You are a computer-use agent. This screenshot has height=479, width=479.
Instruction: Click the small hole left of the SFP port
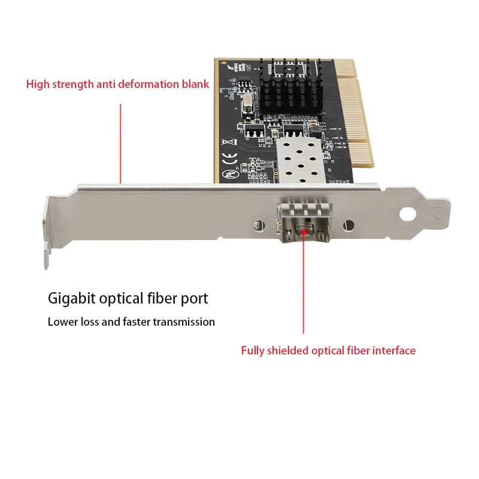point(256,226)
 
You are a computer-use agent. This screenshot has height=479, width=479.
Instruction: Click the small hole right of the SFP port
point(345,226)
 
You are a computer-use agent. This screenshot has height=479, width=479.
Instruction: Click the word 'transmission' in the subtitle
point(183,322)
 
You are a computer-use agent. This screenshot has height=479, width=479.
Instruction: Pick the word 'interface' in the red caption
point(393,350)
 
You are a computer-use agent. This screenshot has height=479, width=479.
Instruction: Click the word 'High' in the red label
point(38,84)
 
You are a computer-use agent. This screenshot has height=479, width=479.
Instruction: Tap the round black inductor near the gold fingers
point(313,128)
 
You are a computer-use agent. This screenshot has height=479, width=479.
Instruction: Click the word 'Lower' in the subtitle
point(62,322)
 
